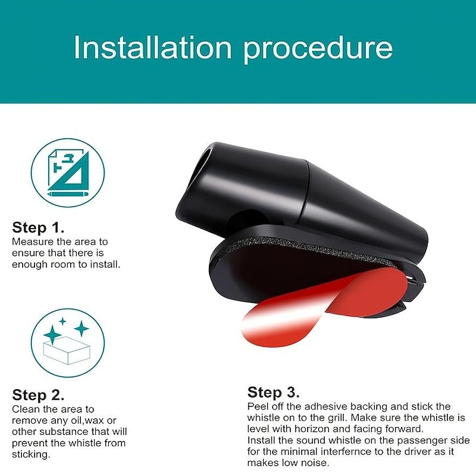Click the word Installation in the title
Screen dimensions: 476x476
click(153, 47)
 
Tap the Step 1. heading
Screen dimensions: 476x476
click(38, 227)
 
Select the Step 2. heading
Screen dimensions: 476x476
click(38, 395)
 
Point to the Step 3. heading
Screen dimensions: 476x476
click(273, 392)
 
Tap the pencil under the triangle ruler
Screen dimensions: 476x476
click(68, 194)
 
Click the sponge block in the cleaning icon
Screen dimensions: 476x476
click(67, 350)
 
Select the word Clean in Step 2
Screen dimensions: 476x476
click(26, 409)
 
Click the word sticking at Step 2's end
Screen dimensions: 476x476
click(31, 455)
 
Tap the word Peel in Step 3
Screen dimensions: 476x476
click(258, 406)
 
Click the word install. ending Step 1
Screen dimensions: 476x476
click(105, 264)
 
